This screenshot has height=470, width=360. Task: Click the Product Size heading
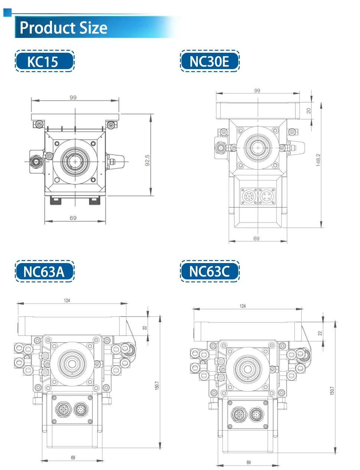click(x=63, y=28)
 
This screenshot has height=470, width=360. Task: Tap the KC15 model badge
click(x=44, y=61)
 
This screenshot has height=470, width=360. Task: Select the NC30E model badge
click(x=210, y=61)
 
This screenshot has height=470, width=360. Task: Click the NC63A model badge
click(x=44, y=272)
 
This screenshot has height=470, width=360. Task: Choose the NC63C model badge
click(x=210, y=272)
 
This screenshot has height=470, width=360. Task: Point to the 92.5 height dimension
click(x=147, y=160)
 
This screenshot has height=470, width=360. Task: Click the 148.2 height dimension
click(x=318, y=160)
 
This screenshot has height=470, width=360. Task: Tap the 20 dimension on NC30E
click(x=309, y=111)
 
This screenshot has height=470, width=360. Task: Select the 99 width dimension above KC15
click(x=73, y=97)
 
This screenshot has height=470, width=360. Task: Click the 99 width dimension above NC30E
click(x=257, y=90)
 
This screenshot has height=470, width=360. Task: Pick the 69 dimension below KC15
click(x=73, y=218)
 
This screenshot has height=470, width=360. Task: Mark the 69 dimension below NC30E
click(x=256, y=239)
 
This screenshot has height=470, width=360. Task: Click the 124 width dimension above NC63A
click(x=67, y=300)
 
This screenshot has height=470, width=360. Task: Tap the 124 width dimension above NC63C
click(x=242, y=306)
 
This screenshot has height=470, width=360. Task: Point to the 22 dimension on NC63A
click(x=145, y=328)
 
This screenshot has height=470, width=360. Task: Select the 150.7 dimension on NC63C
click(x=332, y=390)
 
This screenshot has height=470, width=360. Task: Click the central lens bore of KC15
click(x=75, y=162)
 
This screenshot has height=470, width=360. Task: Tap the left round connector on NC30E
click(x=249, y=196)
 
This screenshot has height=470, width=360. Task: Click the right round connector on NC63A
click(x=81, y=410)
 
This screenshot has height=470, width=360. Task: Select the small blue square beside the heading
click(x=7, y=13)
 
